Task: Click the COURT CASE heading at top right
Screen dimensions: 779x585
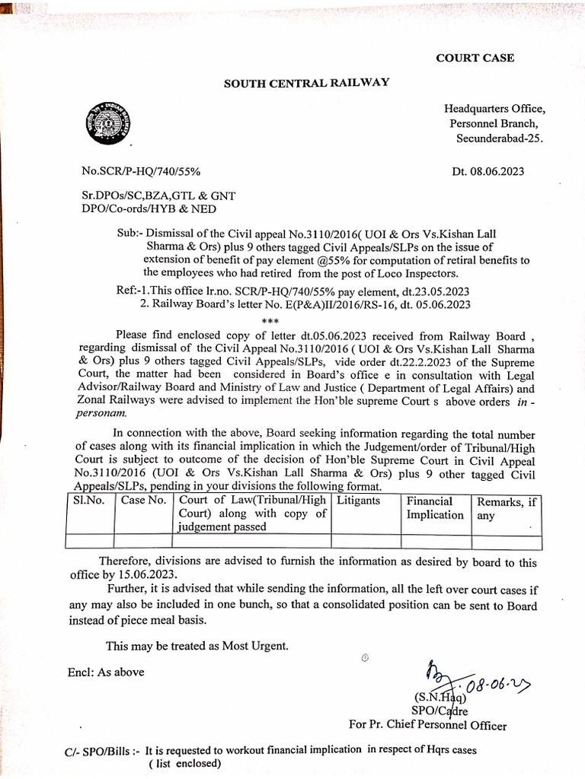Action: point(475,58)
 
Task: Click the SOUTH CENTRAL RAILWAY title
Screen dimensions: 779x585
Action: point(306,83)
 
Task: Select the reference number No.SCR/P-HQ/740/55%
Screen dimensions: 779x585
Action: point(141,172)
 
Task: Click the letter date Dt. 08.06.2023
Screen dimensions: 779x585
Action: point(487,172)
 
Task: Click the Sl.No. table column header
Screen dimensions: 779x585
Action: point(88,501)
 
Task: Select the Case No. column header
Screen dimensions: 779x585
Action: point(143,501)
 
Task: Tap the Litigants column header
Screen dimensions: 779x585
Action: point(358,501)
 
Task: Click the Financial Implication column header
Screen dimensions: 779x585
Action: point(434,508)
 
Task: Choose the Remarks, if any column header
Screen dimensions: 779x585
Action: point(507,508)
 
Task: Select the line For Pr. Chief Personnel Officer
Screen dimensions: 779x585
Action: point(427,726)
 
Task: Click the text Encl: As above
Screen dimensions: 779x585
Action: point(106,672)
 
